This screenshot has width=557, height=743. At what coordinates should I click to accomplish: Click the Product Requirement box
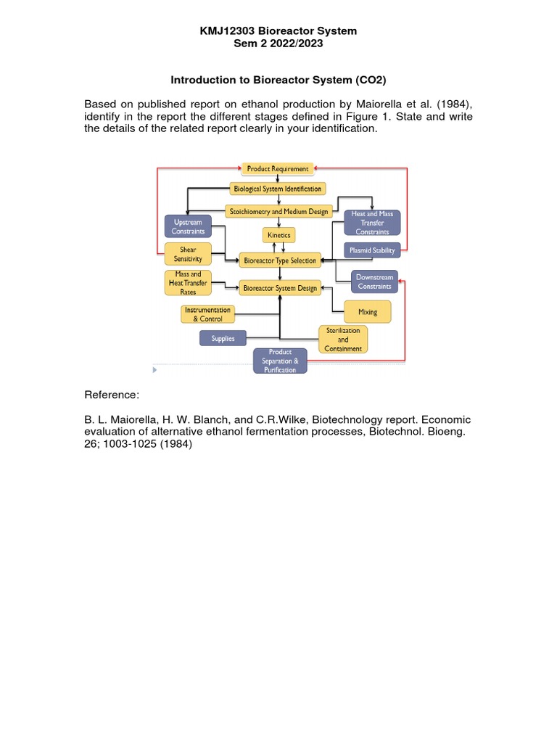[278, 169]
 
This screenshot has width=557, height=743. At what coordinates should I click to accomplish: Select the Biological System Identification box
[278, 189]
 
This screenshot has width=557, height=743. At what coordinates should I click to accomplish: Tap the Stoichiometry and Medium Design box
[279, 211]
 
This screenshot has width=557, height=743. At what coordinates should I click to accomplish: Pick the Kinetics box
[279, 236]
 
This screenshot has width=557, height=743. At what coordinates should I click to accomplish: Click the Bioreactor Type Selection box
[280, 260]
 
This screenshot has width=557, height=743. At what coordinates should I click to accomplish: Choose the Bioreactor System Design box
[280, 288]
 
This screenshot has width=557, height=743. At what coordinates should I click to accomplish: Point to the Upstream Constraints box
[188, 226]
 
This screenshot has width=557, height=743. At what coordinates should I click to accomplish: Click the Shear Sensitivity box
[188, 254]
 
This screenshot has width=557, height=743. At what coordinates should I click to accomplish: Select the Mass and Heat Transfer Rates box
[188, 283]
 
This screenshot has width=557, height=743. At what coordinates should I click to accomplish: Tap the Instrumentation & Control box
[207, 314]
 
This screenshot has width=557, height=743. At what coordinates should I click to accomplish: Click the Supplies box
[223, 338]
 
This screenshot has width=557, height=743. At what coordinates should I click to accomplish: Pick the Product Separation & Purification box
[280, 361]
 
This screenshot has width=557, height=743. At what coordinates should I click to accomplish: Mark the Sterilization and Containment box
[343, 339]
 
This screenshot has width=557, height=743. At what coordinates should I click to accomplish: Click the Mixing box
[368, 312]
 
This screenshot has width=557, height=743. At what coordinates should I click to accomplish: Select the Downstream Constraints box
[374, 282]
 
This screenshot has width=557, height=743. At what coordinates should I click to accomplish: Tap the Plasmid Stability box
[372, 251]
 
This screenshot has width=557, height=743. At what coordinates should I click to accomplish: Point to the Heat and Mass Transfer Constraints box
[372, 223]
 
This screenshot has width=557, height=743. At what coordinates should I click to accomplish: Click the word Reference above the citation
[111, 395]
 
